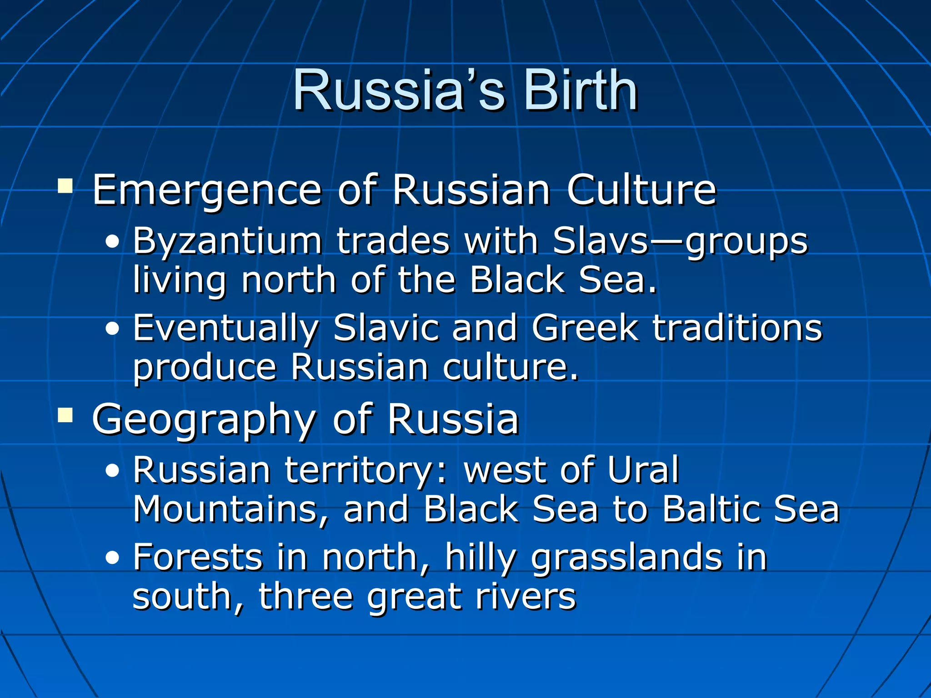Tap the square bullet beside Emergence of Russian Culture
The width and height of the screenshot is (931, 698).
(65, 186)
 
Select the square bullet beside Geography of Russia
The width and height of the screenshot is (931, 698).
(65, 415)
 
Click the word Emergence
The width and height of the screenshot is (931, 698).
(207, 191)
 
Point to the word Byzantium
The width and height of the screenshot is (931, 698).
(227, 241)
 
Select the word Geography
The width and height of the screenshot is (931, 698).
(204, 420)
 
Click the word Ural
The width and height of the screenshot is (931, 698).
(643, 470)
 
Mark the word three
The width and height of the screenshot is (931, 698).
(305, 597)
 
